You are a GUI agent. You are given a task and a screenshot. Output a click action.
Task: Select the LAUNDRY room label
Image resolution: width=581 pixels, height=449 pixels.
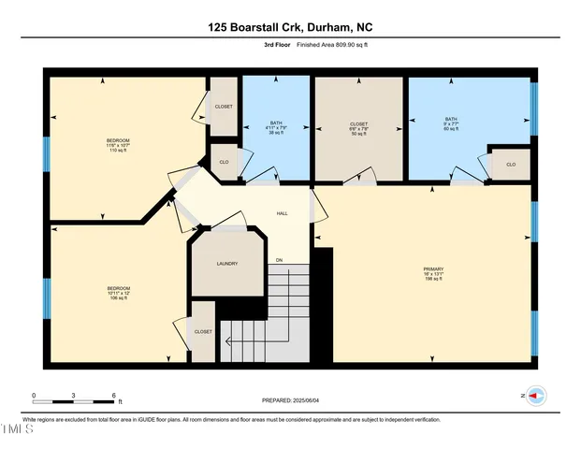click(226, 264)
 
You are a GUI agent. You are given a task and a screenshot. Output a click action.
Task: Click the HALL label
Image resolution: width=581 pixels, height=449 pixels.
click(282, 213)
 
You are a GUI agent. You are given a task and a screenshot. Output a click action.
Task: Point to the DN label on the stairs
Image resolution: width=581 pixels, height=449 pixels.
click(278, 259)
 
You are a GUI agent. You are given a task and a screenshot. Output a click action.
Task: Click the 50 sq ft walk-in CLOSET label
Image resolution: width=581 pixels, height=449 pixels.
click(359, 124)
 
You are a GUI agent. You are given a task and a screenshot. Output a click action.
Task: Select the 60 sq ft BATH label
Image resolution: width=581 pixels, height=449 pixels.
click(451, 119)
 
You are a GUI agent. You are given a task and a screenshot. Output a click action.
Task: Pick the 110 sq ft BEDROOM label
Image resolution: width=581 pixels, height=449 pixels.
click(117, 140)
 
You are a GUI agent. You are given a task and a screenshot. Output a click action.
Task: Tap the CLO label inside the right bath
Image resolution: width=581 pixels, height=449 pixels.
click(510, 165)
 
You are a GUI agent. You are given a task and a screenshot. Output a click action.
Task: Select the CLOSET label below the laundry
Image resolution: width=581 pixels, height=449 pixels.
click(203, 331)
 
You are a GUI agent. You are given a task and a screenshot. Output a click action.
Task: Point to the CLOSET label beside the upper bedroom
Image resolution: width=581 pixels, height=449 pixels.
click(224, 107)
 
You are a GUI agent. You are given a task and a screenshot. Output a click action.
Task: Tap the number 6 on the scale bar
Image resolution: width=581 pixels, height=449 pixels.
click(113, 395)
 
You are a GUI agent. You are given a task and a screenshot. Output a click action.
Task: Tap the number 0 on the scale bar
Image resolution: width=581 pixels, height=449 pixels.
click(34, 395)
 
